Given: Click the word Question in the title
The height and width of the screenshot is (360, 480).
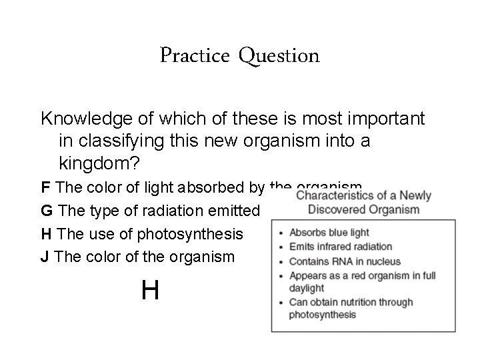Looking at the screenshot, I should click(279, 56).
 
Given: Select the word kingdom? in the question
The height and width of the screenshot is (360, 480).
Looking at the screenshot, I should click(89, 163).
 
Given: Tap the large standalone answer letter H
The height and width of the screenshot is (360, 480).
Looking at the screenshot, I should click(150, 290).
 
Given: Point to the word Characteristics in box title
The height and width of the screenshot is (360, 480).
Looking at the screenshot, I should click(334, 196).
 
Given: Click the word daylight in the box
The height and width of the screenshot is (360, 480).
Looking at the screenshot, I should click(306, 288).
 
